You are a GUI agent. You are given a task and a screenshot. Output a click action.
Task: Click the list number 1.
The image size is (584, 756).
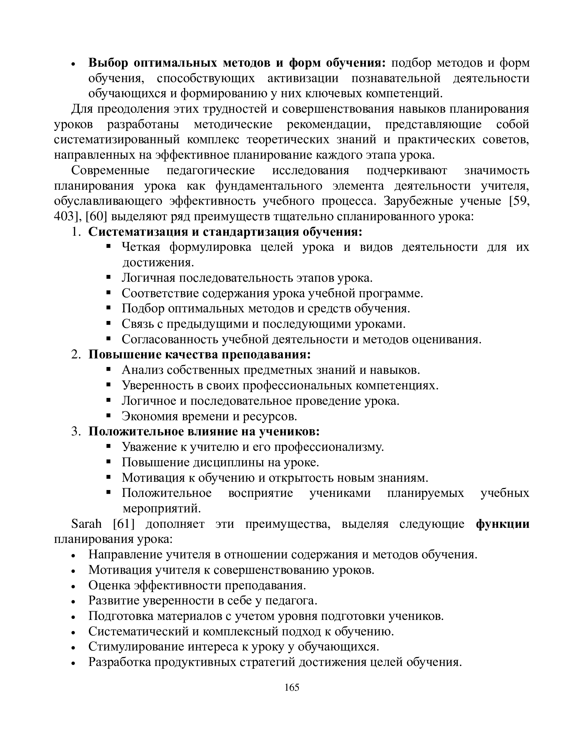[75, 232]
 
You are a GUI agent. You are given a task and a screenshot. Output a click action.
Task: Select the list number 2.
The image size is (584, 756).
[75, 355]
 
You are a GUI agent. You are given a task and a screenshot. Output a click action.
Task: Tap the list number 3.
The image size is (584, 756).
[75, 432]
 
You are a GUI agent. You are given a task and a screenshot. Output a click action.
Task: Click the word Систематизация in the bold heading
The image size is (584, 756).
[138, 232]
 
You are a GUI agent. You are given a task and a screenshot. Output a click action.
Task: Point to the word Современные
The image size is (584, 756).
[110, 171]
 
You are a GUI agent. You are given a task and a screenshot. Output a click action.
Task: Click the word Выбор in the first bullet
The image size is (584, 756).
[108, 63]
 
